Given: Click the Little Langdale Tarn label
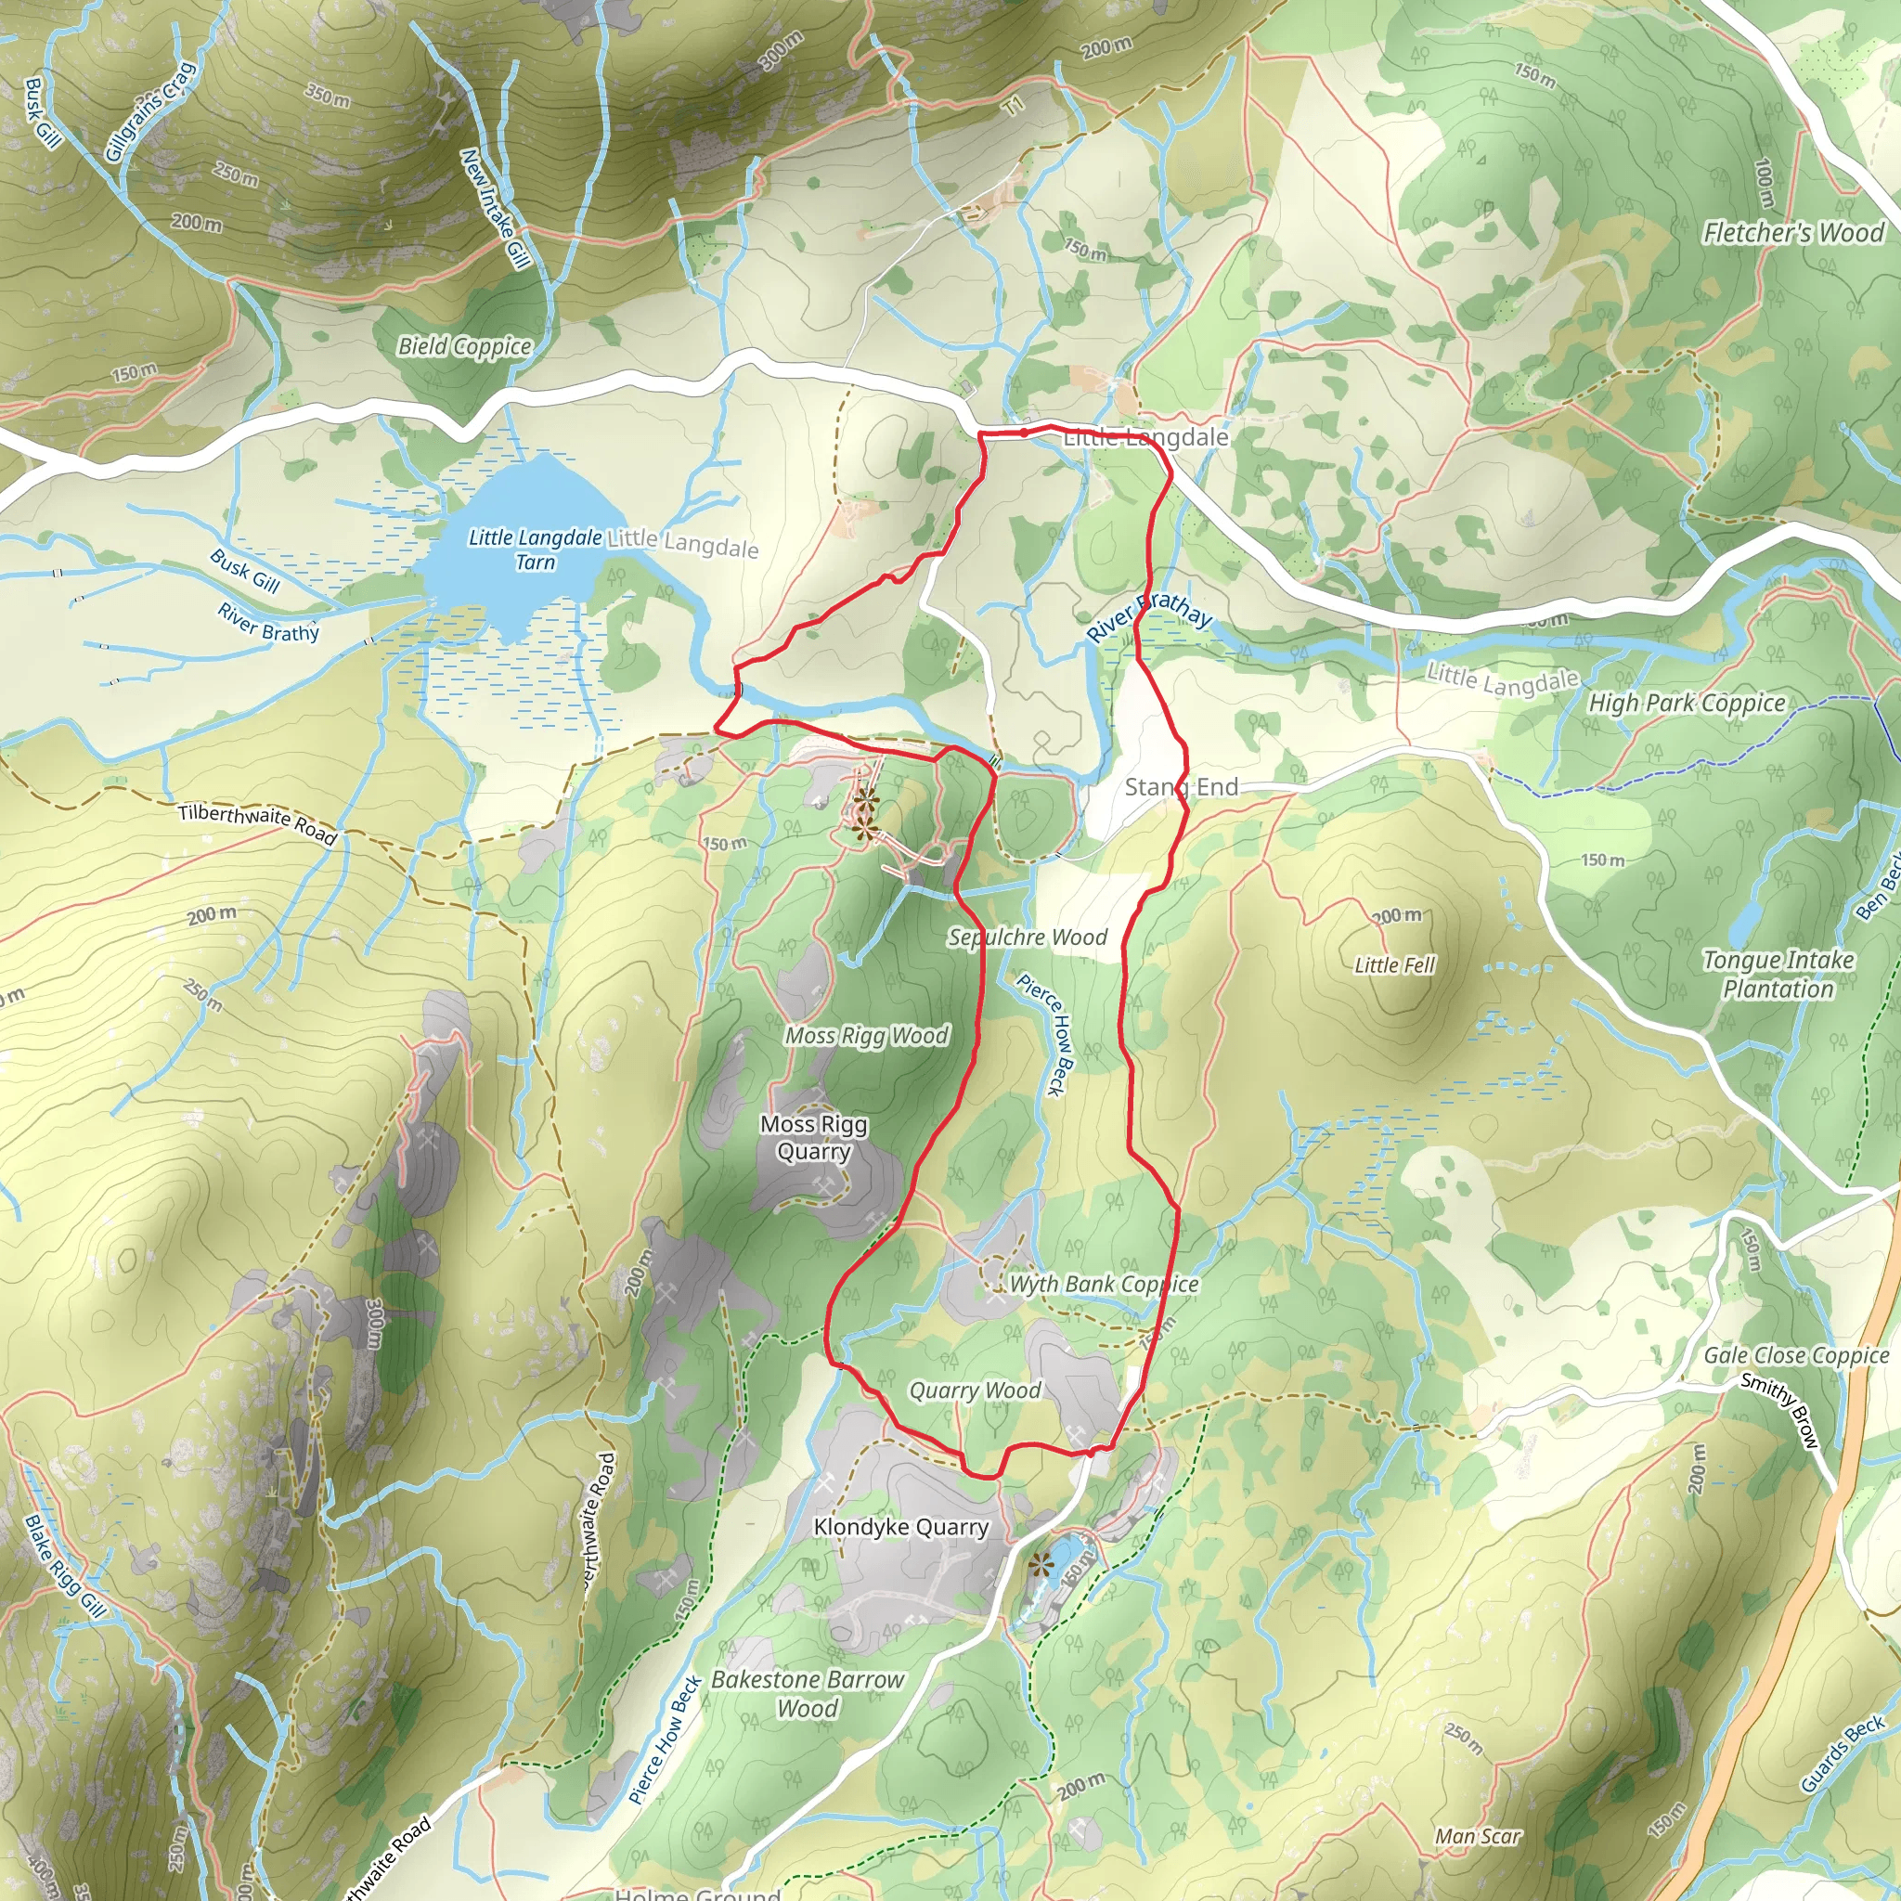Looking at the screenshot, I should pyautogui.click(x=535, y=550).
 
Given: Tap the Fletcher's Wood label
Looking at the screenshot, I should pyautogui.click(x=1792, y=232).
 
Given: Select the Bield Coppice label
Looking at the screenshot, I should pyautogui.click(x=464, y=345).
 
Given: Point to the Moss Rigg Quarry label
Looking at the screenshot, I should pyautogui.click(x=814, y=1137).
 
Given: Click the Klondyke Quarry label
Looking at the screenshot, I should pyautogui.click(x=900, y=1526).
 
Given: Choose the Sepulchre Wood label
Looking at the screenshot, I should pyautogui.click(x=1027, y=937).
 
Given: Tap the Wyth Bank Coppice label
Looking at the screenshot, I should pyautogui.click(x=1103, y=1284).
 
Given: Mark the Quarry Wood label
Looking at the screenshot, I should pyautogui.click(x=974, y=1390).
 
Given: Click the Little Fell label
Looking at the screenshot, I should pyautogui.click(x=1394, y=964).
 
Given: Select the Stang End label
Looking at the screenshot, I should pyautogui.click(x=1181, y=786).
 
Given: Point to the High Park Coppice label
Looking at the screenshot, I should pyautogui.click(x=1687, y=703).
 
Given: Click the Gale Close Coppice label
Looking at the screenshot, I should pyautogui.click(x=1796, y=1355).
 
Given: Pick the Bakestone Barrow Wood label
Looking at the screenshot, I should pyautogui.click(x=807, y=1693).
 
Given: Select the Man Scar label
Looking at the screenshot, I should pyautogui.click(x=1477, y=1836).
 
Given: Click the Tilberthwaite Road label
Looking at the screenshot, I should pyautogui.click(x=258, y=823).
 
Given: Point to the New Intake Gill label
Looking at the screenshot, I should pyautogui.click(x=496, y=209).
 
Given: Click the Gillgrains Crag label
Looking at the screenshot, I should pyautogui.click(x=150, y=111).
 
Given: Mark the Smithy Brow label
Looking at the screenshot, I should pyautogui.click(x=1780, y=1410).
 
